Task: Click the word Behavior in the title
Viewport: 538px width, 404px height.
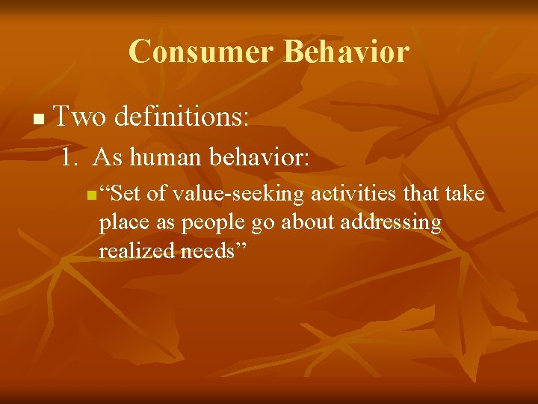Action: click(x=347, y=52)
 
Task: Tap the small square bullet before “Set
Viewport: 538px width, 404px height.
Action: click(x=90, y=197)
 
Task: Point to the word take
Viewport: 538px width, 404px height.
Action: click(x=465, y=195)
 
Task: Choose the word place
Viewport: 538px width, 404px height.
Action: click(x=122, y=224)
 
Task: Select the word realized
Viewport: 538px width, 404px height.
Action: click(x=137, y=251)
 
